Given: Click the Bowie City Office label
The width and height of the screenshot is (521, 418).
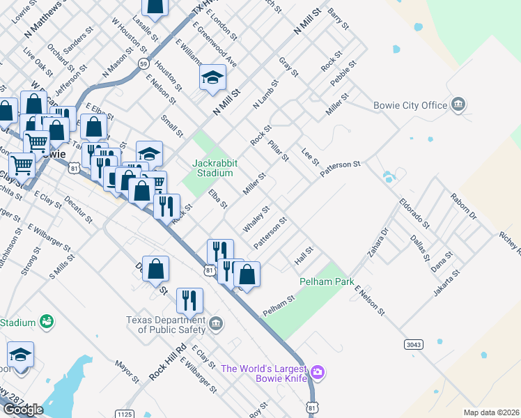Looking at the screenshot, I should pos(414,105).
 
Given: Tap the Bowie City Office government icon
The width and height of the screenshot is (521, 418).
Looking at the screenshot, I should pos(458,105).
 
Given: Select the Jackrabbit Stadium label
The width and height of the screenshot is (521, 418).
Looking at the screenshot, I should pos(215,168).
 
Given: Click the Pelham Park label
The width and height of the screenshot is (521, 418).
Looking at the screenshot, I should pos(322,281).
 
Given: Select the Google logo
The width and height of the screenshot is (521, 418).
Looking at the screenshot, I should pos(23,410).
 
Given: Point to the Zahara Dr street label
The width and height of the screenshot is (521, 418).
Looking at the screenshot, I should pos(378,241).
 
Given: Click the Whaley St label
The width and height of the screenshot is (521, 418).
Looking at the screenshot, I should pos(256,219).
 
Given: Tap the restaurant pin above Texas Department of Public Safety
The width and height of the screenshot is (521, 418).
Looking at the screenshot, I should pos(189,300).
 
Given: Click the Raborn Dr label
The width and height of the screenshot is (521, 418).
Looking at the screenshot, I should pos(463,206).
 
